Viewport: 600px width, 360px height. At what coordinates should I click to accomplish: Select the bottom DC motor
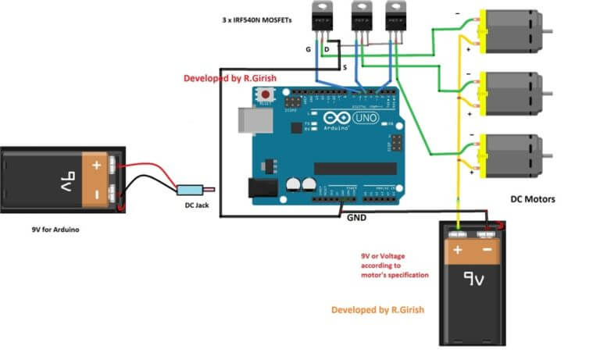pos(505,155)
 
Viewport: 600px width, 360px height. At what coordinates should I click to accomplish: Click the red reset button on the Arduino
pos(266,95)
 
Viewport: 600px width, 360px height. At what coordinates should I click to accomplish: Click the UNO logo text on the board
pos(366,118)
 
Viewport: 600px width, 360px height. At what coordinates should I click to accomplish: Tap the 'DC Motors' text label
pos(533,199)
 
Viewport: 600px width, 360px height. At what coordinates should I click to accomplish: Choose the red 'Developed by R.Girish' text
pos(230,78)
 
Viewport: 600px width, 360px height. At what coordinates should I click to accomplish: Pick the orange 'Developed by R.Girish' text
pos(377,310)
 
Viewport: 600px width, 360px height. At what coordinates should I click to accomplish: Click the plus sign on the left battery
pos(96,166)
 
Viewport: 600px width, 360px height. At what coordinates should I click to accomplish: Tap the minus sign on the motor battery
pos(487,251)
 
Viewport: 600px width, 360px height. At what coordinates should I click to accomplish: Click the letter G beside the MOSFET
pos(309,49)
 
